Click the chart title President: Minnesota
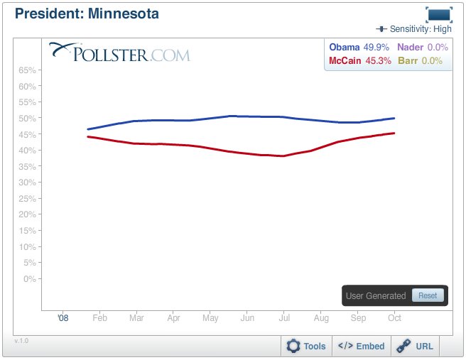[x=87, y=13]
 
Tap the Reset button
[x=428, y=295]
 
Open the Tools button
[x=306, y=346]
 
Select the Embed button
[x=361, y=346]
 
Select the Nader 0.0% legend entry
[x=421, y=47]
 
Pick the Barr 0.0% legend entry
[x=421, y=61]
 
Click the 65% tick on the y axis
[x=28, y=70]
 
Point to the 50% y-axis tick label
[x=28, y=118]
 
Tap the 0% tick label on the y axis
[x=30, y=278]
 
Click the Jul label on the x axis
[x=283, y=318]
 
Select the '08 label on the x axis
[x=63, y=318]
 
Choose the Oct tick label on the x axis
[x=394, y=318]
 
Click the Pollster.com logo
[x=119, y=53]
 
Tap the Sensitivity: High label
[x=418, y=29]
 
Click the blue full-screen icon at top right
[x=438, y=14]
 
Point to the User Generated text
[x=376, y=295]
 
